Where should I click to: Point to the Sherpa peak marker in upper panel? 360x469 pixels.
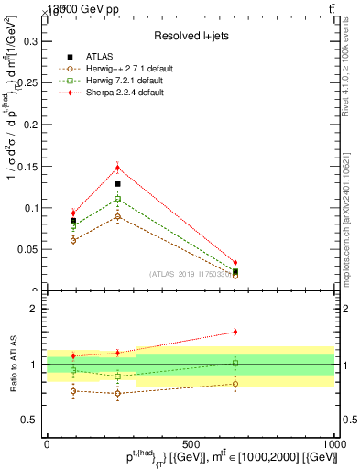[117, 167]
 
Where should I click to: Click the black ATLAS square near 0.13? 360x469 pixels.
[117, 184]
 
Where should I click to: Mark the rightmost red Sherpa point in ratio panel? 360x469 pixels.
[235, 332]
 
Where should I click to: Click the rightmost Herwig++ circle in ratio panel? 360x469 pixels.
[235, 384]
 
